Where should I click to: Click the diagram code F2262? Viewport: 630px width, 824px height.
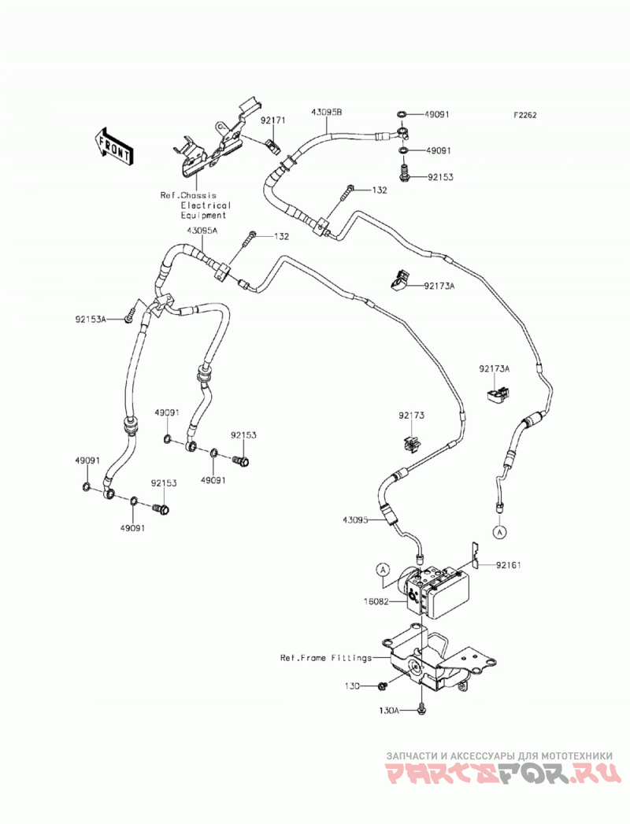coord(525,115)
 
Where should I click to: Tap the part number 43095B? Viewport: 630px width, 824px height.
coord(327,112)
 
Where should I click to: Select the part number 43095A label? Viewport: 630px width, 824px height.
coord(202,231)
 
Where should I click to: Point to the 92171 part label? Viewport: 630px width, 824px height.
coord(273,120)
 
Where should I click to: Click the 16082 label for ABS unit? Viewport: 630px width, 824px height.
coord(376,601)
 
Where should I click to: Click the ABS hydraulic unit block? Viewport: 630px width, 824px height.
coord(436,589)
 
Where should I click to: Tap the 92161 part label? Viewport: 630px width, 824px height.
coord(508,565)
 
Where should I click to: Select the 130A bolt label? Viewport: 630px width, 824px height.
coord(388,711)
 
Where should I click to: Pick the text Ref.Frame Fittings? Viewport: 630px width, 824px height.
coord(325,657)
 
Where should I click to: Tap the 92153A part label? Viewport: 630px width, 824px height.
coord(91,319)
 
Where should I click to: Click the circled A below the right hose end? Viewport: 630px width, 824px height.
coord(499,532)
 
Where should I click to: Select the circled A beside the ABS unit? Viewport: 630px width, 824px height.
coord(383,569)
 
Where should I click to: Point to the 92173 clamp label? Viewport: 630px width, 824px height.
coord(411,416)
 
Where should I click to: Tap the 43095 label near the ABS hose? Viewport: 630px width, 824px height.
coord(355,520)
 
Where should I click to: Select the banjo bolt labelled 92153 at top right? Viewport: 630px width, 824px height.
coord(403,175)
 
